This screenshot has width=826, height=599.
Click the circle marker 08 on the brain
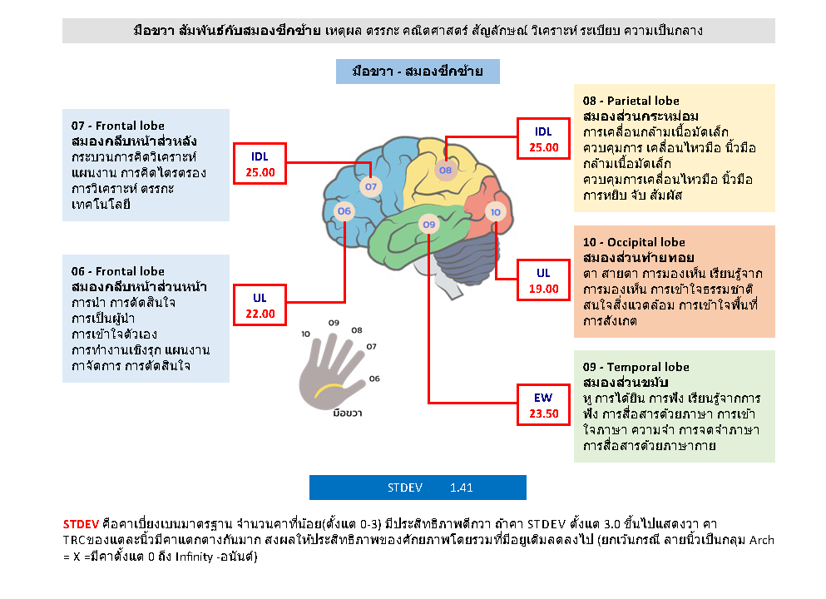coord(446,171)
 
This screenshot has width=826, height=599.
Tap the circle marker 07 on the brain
coord(371,186)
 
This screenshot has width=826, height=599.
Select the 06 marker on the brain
coord(344,212)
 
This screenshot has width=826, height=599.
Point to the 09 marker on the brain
coord(428,225)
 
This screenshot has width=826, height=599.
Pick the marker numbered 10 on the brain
coord(496,212)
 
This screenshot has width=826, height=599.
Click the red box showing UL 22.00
coord(260,305)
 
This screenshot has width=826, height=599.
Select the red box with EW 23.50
coord(543,405)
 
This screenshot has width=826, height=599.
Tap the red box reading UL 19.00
coord(543,281)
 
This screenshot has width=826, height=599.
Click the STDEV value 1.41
coord(462,488)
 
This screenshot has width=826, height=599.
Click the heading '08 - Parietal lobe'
coord(631,101)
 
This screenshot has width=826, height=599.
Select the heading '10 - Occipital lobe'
coord(634,243)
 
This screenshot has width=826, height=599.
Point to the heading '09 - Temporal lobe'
coord(636,367)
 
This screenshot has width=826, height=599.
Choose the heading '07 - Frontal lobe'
coord(118,126)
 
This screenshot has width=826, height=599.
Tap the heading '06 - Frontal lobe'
coord(118,271)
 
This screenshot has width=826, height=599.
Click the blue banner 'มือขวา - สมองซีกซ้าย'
coord(418,72)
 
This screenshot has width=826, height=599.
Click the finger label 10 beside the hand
coord(306,334)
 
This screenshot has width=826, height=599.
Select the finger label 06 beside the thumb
coord(374,379)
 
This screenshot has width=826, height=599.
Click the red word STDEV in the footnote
coord(80,524)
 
